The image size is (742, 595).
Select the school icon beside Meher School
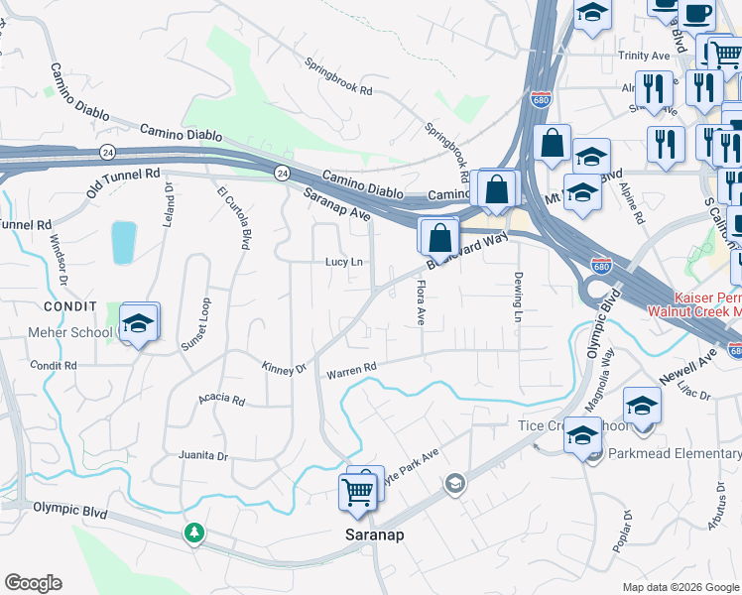click(140, 324)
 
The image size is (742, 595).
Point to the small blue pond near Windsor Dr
click(124, 243)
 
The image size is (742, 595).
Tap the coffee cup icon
click(696, 13)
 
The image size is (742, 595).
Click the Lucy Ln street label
click(344, 262)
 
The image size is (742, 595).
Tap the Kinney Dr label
click(284, 369)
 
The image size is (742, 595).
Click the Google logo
click(33, 583)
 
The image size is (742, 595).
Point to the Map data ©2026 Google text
click(680, 587)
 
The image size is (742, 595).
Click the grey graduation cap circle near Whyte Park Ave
click(455, 483)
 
